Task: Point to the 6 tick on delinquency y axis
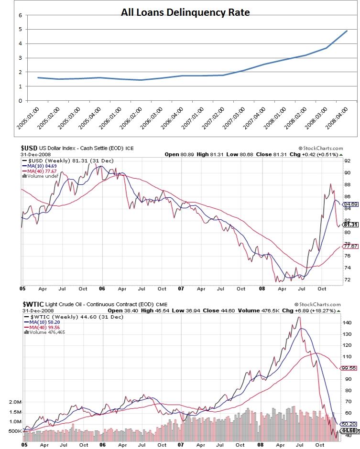pyautogui.click(x=20, y=15)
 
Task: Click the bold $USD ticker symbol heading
pyautogui.click(x=30, y=149)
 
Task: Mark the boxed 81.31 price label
pyautogui.click(x=350, y=224)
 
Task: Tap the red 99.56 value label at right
pyautogui.click(x=350, y=368)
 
